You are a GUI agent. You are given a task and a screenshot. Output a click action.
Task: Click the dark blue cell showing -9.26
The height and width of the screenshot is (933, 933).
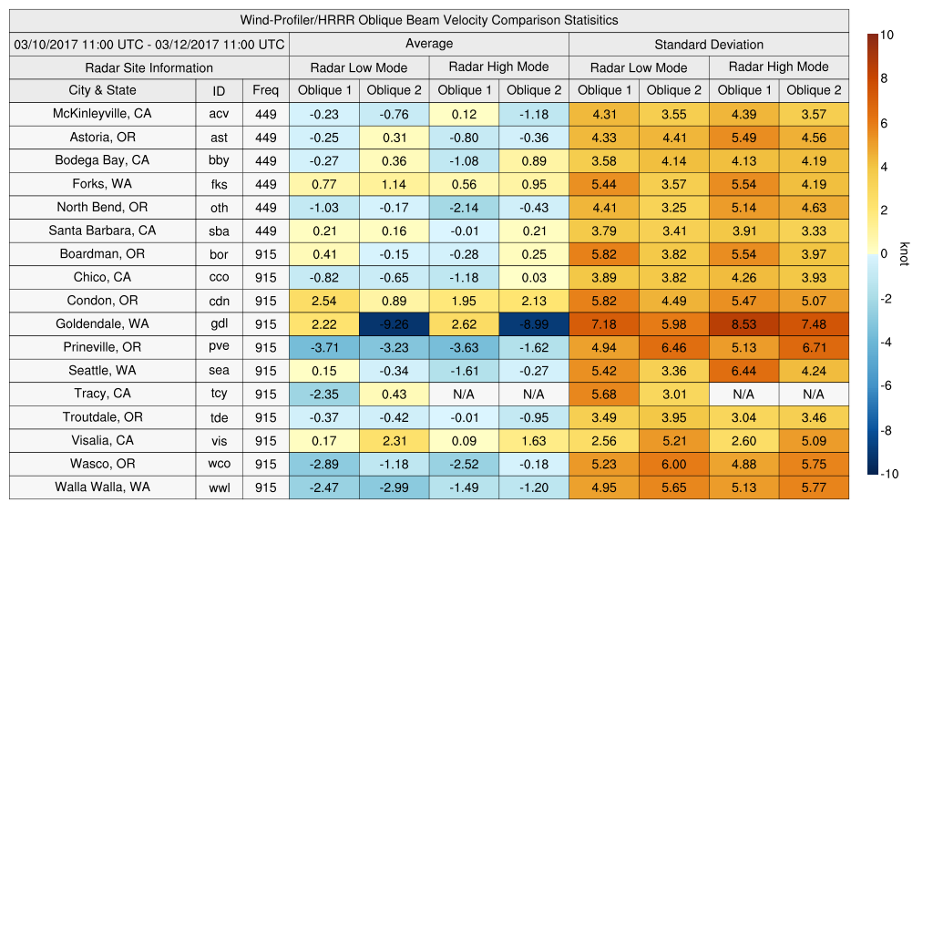(395, 324)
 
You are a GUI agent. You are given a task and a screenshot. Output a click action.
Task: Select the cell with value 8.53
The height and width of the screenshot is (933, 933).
(743, 324)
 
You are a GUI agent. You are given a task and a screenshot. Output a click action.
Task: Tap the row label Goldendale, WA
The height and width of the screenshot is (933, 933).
(102, 323)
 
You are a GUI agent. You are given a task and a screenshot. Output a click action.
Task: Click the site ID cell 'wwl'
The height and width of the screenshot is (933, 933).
(219, 487)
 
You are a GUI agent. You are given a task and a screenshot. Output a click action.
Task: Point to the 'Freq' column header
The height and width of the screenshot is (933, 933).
(265, 90)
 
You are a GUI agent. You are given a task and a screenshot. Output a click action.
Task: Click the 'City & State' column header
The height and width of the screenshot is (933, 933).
(102, 90)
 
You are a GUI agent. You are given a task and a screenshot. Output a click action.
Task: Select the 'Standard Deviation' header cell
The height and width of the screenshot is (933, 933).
(709, 44)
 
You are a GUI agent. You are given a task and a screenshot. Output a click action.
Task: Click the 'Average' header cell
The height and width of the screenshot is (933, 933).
(428, 44)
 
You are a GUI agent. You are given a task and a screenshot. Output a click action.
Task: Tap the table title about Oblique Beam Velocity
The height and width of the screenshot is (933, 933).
(428, 20)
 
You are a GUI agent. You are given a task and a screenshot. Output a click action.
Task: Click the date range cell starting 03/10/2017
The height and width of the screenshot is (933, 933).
(149, 44)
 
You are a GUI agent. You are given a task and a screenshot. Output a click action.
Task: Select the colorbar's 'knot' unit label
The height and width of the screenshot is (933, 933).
(904, 254)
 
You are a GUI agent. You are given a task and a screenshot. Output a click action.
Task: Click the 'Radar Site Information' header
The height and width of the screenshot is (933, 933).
(149, 67)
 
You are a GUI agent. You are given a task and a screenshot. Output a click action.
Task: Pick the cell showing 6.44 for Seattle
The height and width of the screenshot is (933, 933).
(743, 371)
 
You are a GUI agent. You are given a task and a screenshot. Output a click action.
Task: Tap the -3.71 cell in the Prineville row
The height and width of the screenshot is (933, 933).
(324, 347)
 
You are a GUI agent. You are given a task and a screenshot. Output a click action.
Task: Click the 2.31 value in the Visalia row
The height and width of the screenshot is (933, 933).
(395, 441)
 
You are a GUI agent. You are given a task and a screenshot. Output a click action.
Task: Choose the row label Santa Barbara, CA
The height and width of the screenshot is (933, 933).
(102, 231)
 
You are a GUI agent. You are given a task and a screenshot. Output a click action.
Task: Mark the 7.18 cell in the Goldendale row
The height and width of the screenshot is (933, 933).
(603, 324)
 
